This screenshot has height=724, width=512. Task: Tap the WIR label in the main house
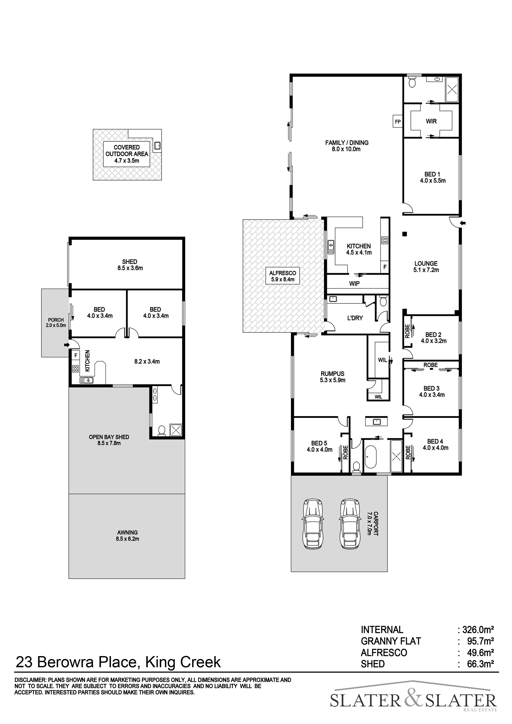431,121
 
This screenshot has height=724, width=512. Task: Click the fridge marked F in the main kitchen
385,267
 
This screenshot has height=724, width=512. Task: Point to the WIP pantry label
354,284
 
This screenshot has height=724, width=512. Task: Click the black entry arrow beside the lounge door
463,223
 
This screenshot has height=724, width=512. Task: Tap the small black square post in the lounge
405,234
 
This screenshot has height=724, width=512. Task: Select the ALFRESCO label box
282,276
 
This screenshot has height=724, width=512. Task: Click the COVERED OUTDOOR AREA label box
127,154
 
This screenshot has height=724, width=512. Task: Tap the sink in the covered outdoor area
157,146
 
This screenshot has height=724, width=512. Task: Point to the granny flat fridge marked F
75,355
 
